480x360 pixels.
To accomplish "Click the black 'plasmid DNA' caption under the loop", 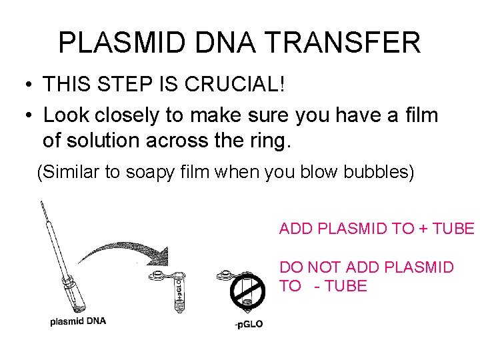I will (x=78, y=321).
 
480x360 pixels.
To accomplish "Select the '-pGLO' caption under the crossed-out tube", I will (x=249, y=325).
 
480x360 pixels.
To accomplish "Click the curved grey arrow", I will (x=123, y=251).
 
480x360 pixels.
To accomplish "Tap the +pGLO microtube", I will (x=176, y=291).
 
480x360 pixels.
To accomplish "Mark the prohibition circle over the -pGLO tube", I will (x=247, y=293).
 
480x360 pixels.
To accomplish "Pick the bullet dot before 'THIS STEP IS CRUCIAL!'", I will (x=26, y=85).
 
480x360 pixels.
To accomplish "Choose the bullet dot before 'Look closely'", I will (x=26, y=116).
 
